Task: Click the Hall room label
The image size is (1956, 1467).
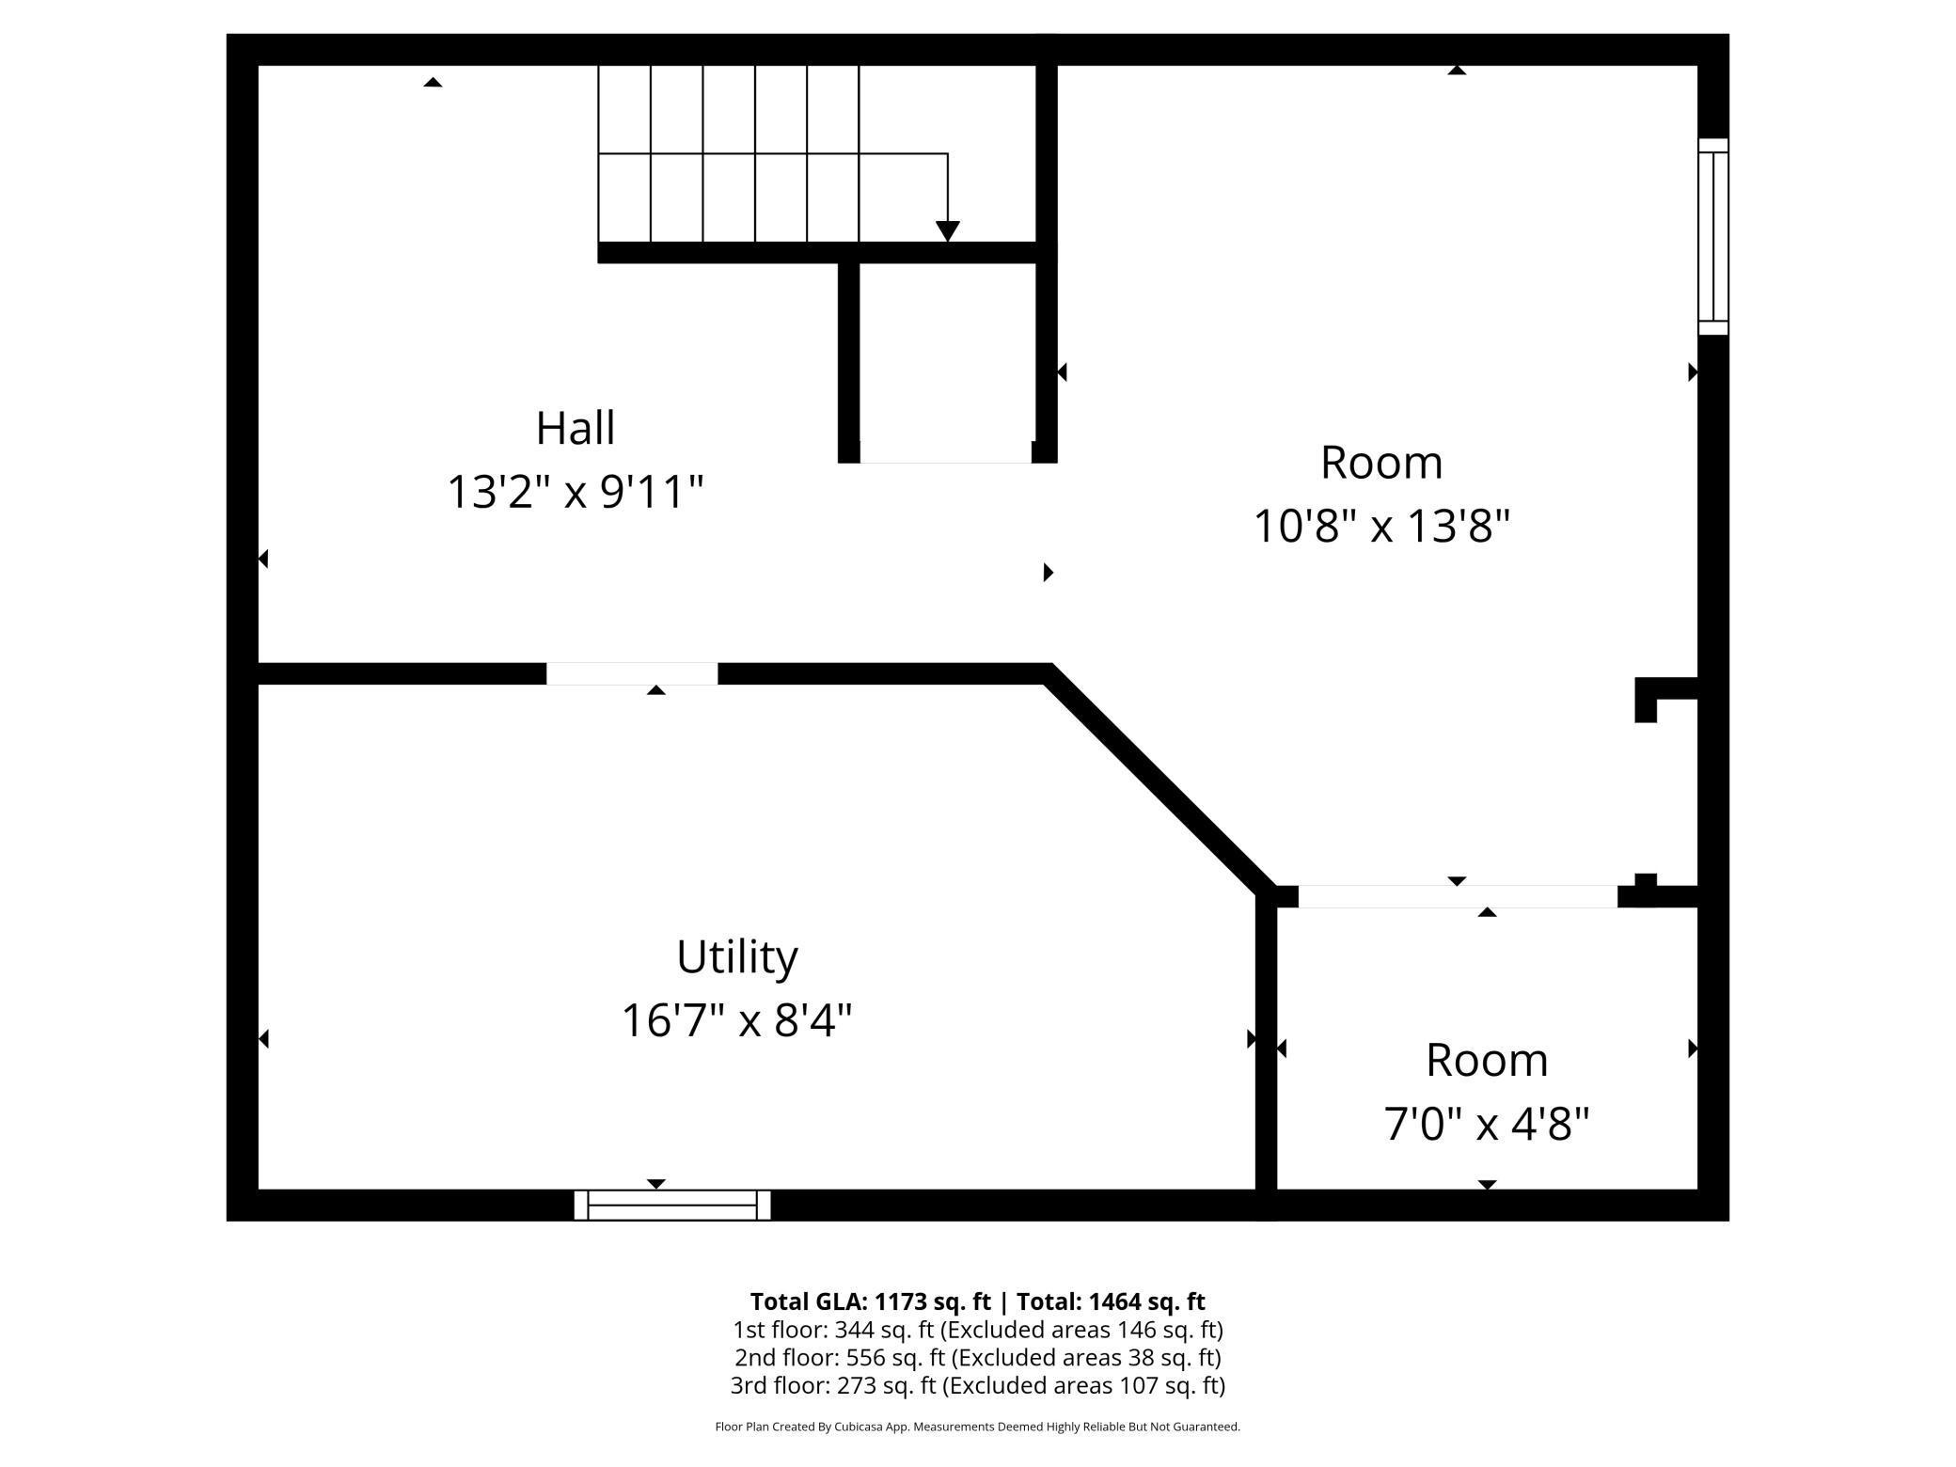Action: pyautogui.click(x=576, y=429)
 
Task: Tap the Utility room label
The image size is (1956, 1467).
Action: pyautogui.click(x=737, y=957)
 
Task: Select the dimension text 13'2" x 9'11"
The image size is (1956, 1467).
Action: pyautogui.click(x=576, y=492)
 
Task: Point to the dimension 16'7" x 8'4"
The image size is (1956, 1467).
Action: pyautogui.click(x=737, y=1020)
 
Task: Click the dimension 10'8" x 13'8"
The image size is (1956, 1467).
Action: pyautogui.click(x=1381, y=526)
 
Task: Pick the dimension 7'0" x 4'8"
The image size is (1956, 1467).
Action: pyautogui.click(x=1487, y=1123)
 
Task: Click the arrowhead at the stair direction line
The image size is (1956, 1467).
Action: pyautogui.click(x=948, y=231)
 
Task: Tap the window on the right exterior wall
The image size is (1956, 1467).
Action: pyautogui.click(x=1712, y=236)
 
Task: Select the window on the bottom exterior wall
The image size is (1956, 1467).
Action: pyautogui.click(x=672, y=1205)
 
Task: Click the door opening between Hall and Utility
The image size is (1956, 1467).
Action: pyautogui.click(x=632, y=673)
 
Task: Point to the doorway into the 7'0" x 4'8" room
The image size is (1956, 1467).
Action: pyautogui.click(x=1458, y=896)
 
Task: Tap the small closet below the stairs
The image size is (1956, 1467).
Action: pyautogui.click(x=948, y=362)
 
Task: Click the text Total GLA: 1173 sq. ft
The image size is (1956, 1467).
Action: pyautogui.click(x=870, y=1301)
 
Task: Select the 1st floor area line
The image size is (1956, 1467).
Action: pyautogui.click(x=978, y=1330)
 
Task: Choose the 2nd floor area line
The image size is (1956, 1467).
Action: pyautogui.click(x=978, y=1358)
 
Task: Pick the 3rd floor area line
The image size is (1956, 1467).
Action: pyautogui.click(x=978, y=1385)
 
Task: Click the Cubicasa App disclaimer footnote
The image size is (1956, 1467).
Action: pyautogui.click(x=978, y=1427)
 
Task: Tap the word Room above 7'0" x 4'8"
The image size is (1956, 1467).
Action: pyautogui.click(x=1487, y=1061)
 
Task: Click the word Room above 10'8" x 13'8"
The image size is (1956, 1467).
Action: pyautogui.click(x=1381, y=463)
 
